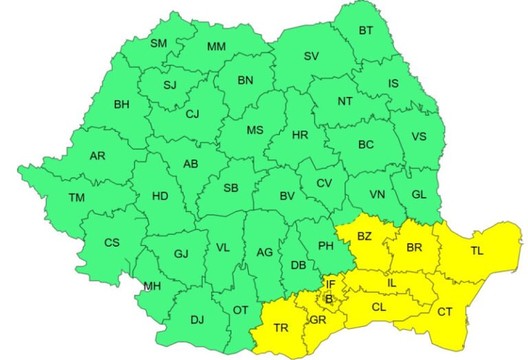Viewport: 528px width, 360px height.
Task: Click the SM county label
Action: [159, 43]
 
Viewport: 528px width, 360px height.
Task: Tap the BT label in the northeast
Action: [366, 30]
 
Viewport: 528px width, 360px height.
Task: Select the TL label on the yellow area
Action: [477, 251]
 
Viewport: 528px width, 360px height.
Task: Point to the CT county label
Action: [445, 312]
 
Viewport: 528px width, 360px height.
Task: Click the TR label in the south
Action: [280, 328]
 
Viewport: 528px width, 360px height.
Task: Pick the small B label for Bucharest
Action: [329, 298]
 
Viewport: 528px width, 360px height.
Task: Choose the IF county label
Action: [331, 284]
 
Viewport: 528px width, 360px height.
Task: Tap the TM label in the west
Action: [77, 198]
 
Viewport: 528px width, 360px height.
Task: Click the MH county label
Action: [153, 286]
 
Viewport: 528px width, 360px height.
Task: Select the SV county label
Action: [311, 56]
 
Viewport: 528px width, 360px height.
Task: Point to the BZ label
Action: [364, 236]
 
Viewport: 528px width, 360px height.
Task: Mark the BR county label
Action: [414, 247]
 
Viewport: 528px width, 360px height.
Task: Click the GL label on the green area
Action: [419, 194]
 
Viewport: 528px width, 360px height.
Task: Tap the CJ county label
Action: [192, 115]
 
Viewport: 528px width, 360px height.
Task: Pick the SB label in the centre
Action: [231, 188]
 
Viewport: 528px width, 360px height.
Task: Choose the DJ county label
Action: [197, 319]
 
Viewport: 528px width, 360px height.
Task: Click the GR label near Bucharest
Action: [318, 320]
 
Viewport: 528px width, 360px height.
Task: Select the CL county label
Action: [379, 307]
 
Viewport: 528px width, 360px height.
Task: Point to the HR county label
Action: [300, 135]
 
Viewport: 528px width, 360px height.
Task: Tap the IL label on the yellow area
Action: [392, 282]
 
